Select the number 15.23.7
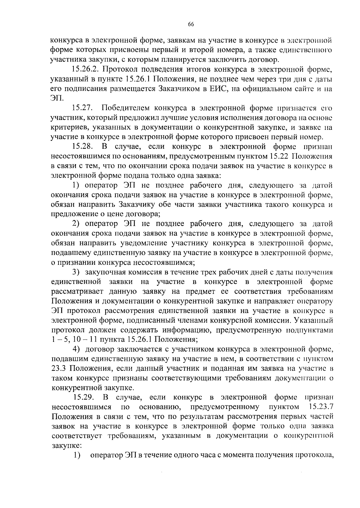point(321,407)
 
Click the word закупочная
point(107,272)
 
